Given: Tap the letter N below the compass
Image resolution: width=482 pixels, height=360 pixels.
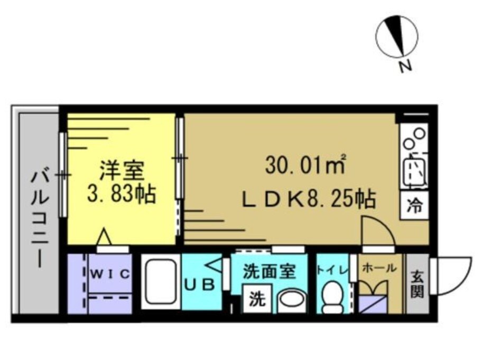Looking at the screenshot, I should click(x=405, y=66).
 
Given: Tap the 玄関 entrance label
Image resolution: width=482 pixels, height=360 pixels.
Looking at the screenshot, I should click(x=418, y=284).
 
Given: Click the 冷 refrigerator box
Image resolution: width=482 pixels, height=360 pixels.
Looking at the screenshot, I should click(x=414, y=206).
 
